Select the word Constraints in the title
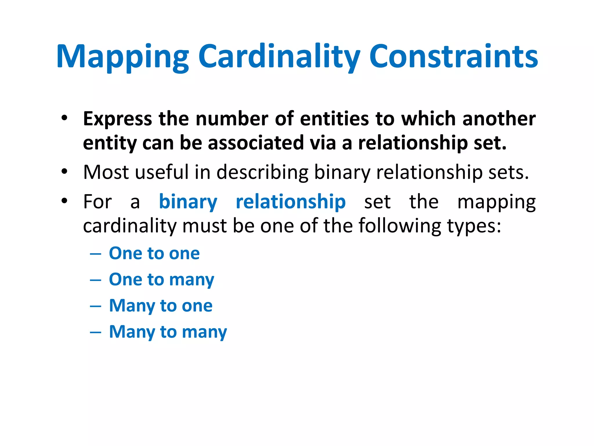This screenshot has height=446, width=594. point(453,57)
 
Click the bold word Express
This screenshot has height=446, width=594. point(117,119)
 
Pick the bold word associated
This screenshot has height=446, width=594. point(256,143)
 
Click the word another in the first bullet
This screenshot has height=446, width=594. point(499,119)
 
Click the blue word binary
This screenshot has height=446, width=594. point(188,202)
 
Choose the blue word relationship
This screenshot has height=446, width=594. point(291,202)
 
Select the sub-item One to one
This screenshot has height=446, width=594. point(154,253)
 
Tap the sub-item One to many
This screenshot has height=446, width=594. point(162,280)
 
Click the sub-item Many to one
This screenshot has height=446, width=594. point(161,306)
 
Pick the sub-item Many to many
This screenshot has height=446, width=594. point(168,332)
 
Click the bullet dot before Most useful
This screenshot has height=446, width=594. point(64,171)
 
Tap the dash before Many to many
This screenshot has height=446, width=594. point(95,332)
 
